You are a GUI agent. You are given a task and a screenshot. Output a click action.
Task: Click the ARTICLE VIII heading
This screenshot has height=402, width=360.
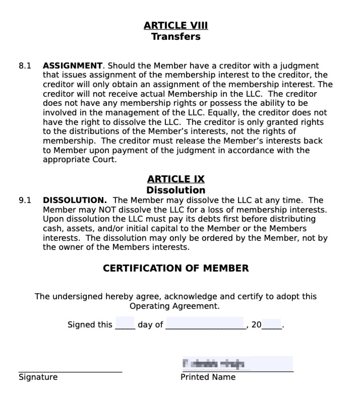tap(175, 26)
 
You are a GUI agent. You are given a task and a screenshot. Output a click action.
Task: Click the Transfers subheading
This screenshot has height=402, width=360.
tap(175, 37)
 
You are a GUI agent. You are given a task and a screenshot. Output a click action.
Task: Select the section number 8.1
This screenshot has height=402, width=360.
tap(25, 66)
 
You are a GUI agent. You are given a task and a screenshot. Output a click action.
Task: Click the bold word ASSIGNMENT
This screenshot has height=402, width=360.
tap(73, 66)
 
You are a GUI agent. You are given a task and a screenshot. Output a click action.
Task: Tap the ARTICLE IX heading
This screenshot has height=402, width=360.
tap(175, 179)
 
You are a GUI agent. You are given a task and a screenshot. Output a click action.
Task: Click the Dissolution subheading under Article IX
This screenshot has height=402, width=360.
tap(175, 190)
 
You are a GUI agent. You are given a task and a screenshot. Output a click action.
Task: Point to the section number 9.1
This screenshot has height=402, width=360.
tap(25, 200)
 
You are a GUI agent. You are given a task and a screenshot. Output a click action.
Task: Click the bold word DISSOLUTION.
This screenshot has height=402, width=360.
tap(75, 200)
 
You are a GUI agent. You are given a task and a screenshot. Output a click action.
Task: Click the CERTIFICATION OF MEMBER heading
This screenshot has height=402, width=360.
tap(175, 268)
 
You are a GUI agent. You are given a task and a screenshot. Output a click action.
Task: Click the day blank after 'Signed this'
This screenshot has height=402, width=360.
tap(125, 323)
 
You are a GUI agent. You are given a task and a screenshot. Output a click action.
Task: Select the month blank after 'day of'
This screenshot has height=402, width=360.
tap(205, 323)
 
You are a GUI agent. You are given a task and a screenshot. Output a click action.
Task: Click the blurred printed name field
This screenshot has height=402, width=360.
tap(237, 364)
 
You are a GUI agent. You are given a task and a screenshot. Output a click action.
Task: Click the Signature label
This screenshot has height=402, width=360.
tap(38, 377)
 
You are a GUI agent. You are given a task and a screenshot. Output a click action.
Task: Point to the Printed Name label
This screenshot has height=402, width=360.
tap(208, 377)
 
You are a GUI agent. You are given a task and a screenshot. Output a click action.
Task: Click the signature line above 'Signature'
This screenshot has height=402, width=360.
tap(70, 371)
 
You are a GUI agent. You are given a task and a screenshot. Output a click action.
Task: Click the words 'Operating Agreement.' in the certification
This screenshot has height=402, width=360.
tap(174, 306)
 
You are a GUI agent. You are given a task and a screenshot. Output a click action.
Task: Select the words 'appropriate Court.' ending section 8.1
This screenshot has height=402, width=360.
tap(79, 160)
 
